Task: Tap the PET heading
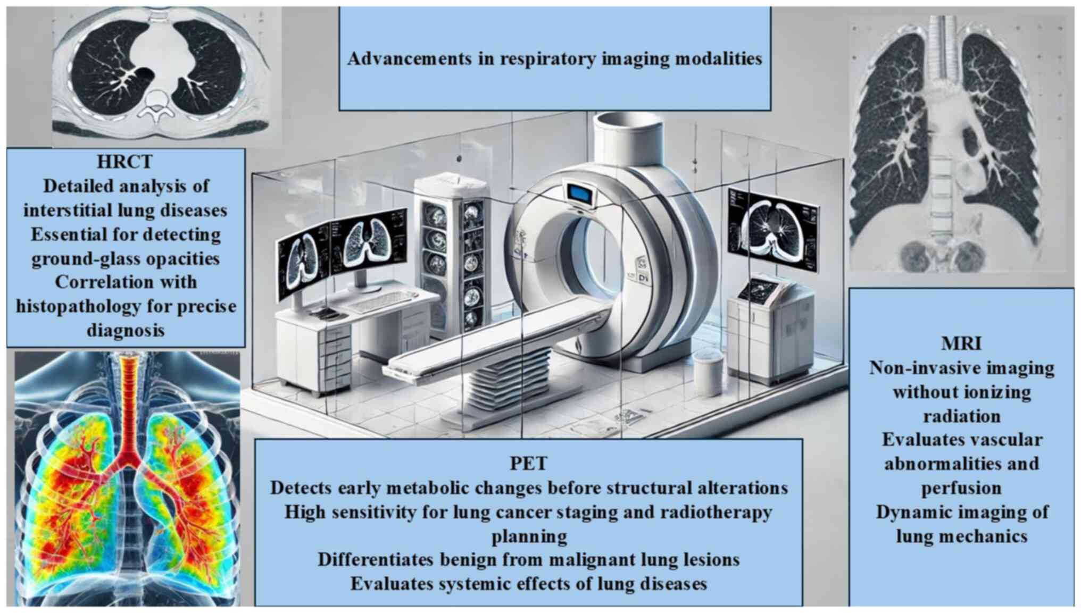528,464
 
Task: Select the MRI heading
961,343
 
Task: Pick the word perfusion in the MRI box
961,488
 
